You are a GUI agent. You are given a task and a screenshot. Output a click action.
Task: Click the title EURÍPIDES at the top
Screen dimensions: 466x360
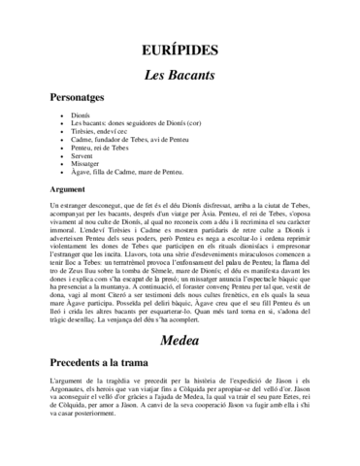(180, 49)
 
